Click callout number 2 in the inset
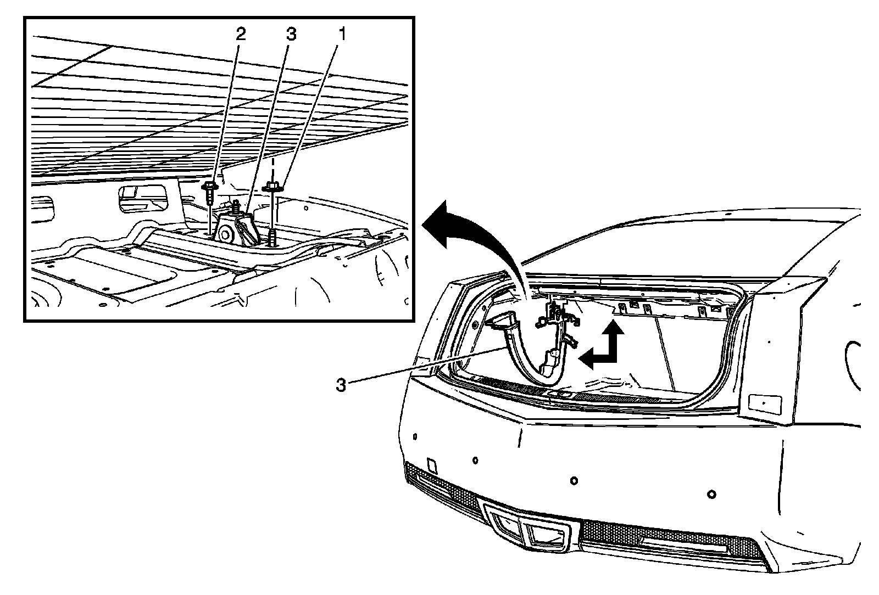(x=240, y=35)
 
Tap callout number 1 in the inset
(x=342, y=35)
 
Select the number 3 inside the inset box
(x=291, y=35)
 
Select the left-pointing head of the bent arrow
(x=587, y=360)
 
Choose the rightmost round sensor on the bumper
(x=711, y=494)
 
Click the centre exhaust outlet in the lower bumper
(x=507, y=524)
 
